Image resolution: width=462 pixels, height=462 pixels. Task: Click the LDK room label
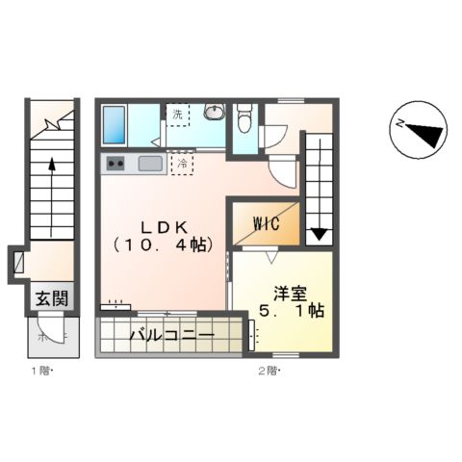(x=160, y=226)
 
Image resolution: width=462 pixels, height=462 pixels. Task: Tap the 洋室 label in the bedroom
(x=290, y=291)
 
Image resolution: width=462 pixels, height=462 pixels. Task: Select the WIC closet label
(x=266, y=224)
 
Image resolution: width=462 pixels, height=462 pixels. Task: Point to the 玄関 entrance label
(x=51, y=298)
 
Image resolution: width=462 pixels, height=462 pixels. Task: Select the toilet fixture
(x=244, y=119)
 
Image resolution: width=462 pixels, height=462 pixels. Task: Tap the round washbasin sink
(x=213, y=113)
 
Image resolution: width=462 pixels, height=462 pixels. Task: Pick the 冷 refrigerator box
(x=181, y=164)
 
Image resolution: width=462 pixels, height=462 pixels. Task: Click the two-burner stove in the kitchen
(x=115, y=164)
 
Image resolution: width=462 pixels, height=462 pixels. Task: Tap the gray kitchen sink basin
(x=150, y=163)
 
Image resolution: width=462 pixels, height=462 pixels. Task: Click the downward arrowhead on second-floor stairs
(x=319, y=232)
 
